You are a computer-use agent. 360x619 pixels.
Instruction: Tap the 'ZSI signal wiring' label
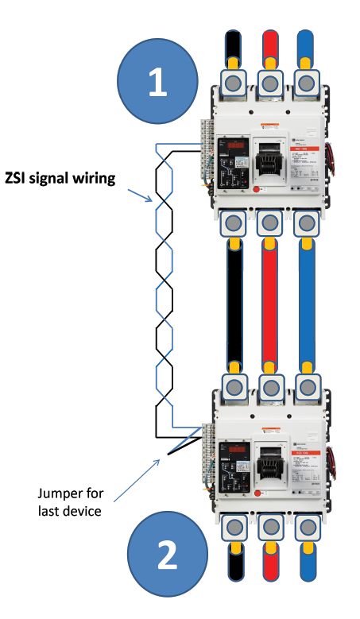pyautogui.click(x=60, y=178)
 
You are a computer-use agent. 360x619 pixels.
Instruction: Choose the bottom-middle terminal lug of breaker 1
pyautogui.click(x=269, y=224)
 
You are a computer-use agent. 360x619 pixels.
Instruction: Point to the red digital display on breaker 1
pyautogui.click(x=238, y=145)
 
